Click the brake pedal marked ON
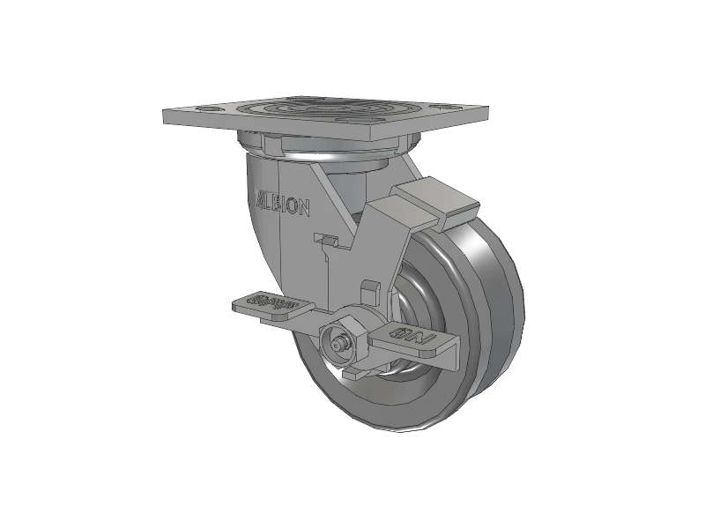tap(410, 337)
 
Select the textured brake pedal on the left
tap(271, 306)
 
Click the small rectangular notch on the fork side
tap(327, 240)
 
